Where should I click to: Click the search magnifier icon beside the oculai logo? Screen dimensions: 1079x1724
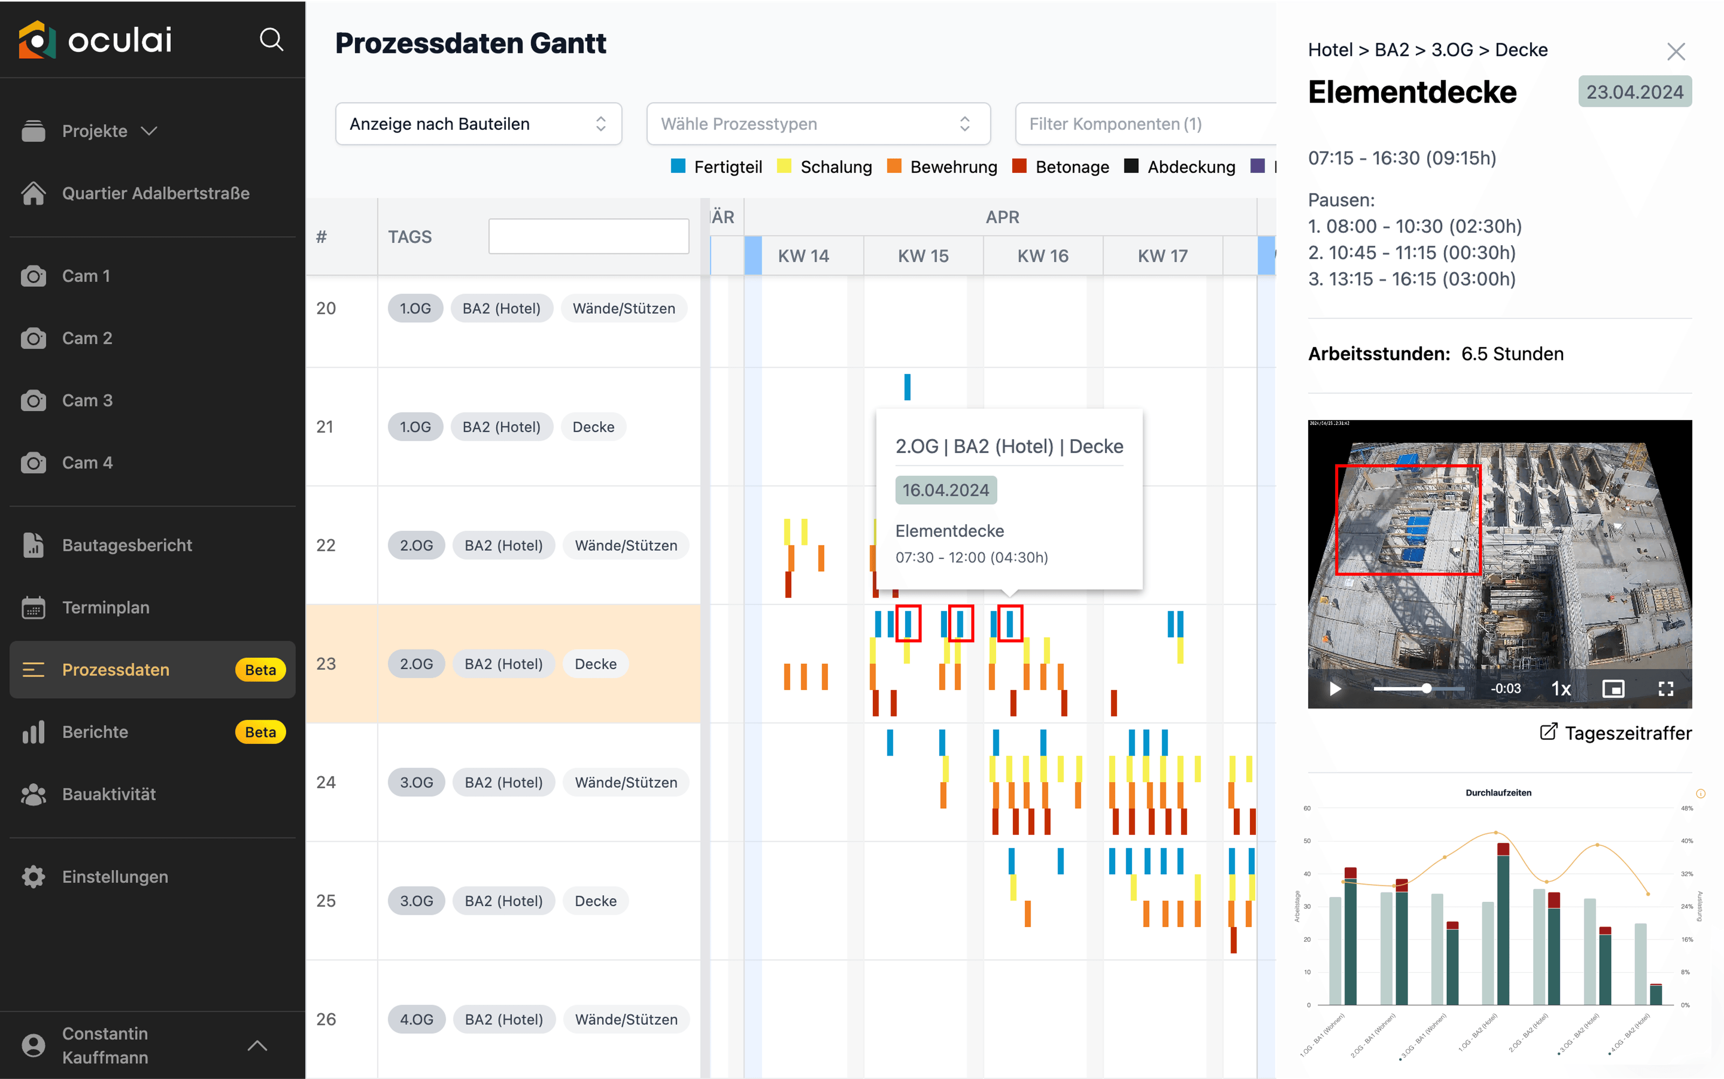271,40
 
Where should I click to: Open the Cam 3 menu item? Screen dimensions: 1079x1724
87,400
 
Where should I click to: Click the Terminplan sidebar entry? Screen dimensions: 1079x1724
106,607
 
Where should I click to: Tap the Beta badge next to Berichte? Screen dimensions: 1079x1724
260,732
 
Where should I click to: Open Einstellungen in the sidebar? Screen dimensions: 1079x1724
115,877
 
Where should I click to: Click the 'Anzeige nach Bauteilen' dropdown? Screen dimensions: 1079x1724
478,124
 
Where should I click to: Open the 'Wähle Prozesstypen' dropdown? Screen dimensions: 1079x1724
818,124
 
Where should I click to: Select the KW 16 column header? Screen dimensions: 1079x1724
1042,256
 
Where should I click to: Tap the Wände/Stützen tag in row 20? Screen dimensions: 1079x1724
624,308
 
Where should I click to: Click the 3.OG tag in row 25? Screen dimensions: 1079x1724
416,901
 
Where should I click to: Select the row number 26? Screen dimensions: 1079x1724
326,1020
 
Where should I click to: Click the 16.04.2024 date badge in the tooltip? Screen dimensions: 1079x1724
946,490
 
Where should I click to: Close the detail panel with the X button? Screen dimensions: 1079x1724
1676,51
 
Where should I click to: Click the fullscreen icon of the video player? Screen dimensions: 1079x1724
1665,688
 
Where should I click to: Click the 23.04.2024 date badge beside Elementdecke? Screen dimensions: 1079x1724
1634,92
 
